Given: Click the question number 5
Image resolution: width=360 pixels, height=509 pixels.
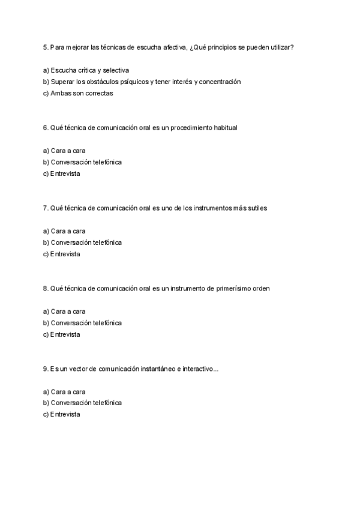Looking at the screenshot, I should pos(46,47).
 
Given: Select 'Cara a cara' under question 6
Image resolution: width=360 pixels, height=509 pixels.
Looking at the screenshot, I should pos(68,151).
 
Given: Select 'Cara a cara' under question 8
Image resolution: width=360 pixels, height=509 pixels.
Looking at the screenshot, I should pos(68,312).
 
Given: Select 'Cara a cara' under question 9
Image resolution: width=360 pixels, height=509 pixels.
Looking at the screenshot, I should pos(68,392).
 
